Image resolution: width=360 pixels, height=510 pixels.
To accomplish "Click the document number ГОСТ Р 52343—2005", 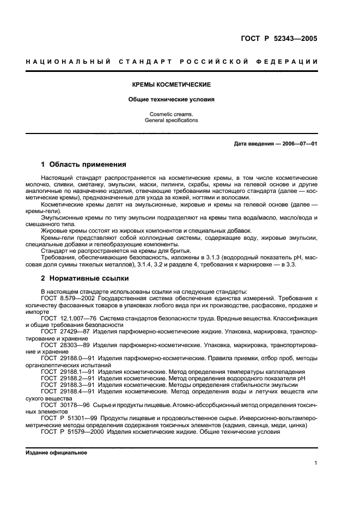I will click(278, 39).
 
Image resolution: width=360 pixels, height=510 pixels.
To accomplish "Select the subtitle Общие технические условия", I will click(172, 100).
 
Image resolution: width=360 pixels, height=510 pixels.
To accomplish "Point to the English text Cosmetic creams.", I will click(172, 114).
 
